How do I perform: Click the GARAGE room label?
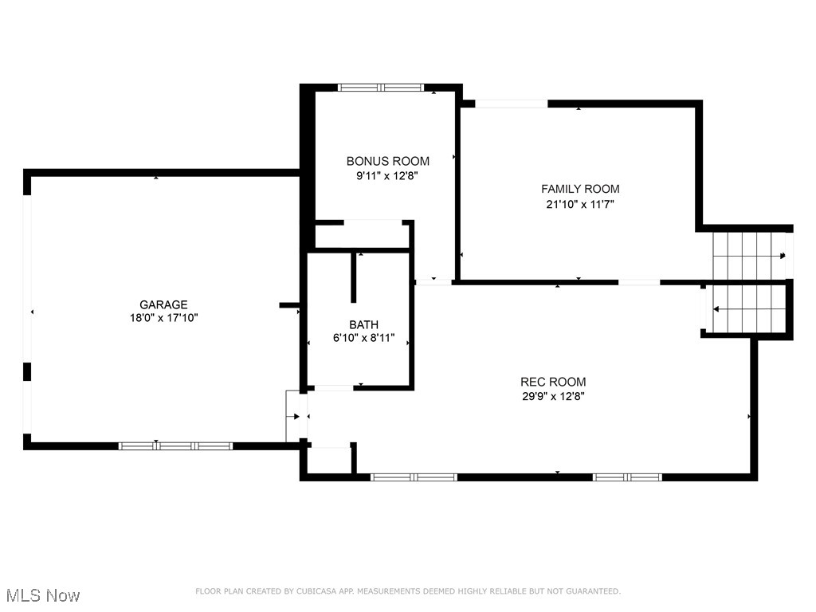click(163, 304)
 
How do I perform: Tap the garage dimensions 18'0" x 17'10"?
click(163, 317)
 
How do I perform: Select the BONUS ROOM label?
click(387, 161)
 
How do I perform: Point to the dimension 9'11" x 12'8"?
click(387, 176)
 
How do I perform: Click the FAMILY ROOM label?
click(580, 189)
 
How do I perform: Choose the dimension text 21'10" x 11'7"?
click(580, 204)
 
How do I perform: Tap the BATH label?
click(363, 324)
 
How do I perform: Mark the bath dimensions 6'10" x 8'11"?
click(363, 337)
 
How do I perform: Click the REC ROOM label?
click(553, 382)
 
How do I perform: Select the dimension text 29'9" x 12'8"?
click(553, 395)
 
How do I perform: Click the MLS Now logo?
click(42, 595)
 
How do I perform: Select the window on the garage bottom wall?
click(175, 445)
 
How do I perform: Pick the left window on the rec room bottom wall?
click(414, 477)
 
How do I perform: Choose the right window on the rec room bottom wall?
click(627, 477)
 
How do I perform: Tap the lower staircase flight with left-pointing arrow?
click(746, 308)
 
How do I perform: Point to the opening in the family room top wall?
click(511, 104)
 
